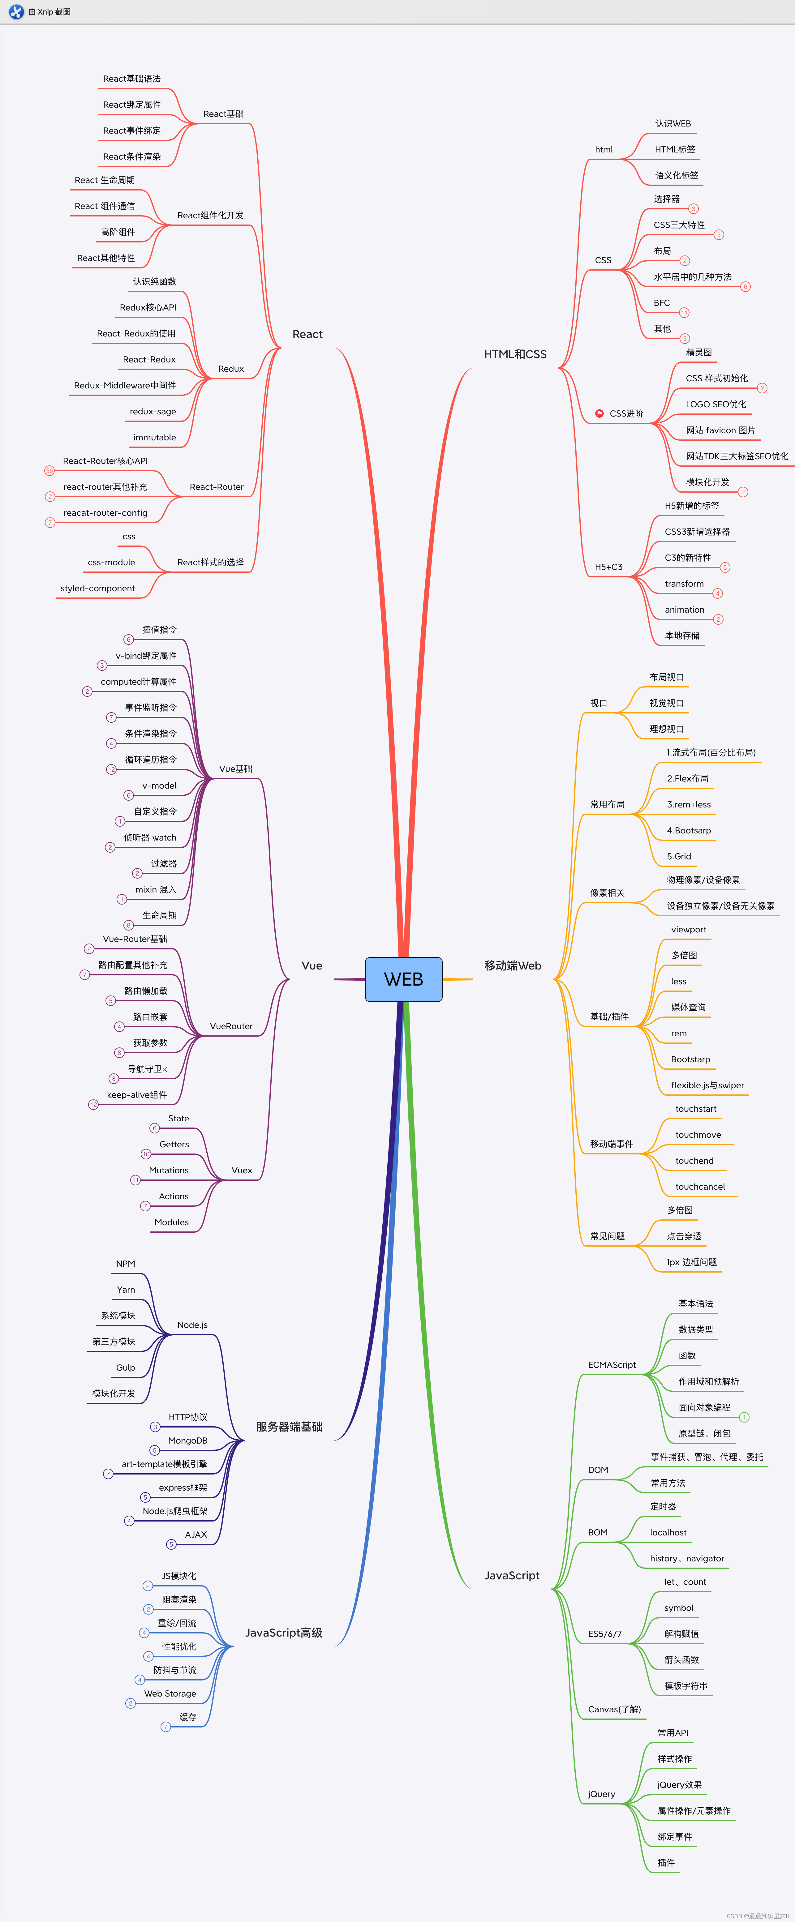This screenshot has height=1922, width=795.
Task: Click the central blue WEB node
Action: coord(403,979)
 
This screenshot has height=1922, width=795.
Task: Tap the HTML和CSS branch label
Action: coord(515,354)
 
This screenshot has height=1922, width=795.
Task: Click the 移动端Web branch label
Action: coord(513,965)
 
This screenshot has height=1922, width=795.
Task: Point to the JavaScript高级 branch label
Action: coord(284,1633)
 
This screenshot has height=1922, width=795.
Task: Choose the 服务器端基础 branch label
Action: coord(289,1427)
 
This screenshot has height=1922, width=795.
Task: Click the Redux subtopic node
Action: coord(231,369)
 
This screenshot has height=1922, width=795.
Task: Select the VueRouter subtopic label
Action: coord(231,1026)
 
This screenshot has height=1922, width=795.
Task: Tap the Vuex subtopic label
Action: coord(241,1170)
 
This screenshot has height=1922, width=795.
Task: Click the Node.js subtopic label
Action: coord(192,1325)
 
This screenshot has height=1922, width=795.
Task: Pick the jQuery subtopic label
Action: coord(602,1794)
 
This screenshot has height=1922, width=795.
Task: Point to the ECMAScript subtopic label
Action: coord(611,1365)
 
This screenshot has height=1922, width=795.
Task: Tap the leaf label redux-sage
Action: coord(153,411)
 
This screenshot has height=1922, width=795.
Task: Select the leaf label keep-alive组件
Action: coord(137,1094)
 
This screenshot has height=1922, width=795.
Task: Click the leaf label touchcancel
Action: coord(699,1186)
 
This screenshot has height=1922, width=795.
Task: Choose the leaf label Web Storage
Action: coord(170,1694)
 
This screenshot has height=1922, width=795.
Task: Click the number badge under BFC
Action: coord(684,313)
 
